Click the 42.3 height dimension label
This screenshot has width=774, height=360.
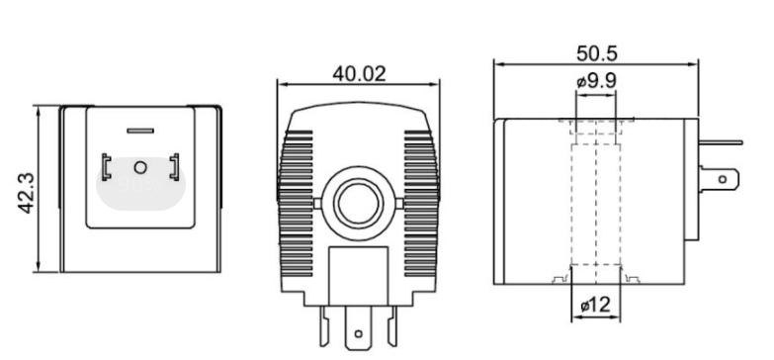coord(27,193)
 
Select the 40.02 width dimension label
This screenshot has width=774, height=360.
coord(359,74)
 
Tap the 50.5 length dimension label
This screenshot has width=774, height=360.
coord(596,53)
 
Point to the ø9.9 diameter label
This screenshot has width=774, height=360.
coord(596,81)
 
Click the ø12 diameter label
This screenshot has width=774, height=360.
coord(595,306)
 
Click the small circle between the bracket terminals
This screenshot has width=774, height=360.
coord(140,168)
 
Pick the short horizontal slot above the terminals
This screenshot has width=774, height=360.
coord(140,131)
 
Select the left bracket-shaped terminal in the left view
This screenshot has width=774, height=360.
coord(106,167)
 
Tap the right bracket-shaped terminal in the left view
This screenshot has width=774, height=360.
coord(174,167)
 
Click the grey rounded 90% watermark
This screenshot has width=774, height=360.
coord(140,184)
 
